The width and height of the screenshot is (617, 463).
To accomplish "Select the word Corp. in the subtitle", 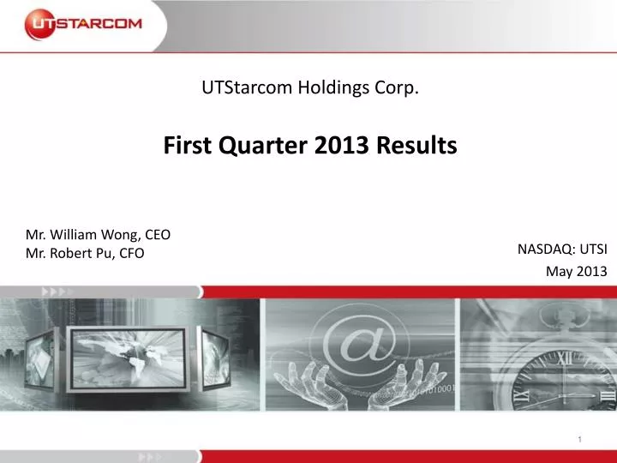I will pos(400,87).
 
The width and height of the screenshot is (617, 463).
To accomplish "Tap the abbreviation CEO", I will pos(157,234).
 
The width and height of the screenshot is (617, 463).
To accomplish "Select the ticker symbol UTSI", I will pos(593,249).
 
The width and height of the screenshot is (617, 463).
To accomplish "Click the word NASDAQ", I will pos(546,249).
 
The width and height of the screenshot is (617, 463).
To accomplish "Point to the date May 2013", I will pos(576,272).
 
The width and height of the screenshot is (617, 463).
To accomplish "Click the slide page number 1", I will pos(580,440).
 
